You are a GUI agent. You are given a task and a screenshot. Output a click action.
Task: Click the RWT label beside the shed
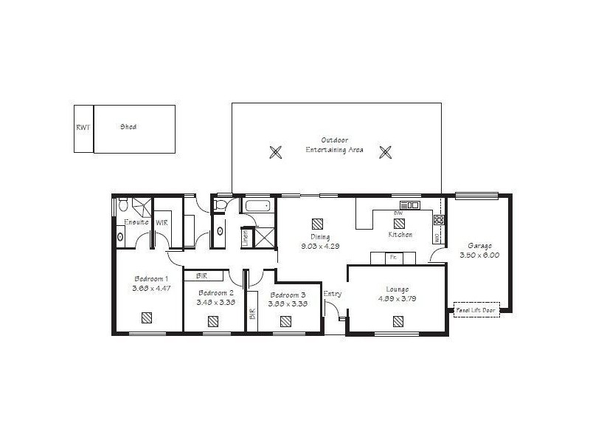pos(83,127)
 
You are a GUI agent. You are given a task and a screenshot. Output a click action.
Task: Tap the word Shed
pos(128,127)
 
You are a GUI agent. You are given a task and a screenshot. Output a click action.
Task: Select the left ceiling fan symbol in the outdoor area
pos(275,152)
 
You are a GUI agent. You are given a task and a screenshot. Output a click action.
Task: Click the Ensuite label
pos(136,221)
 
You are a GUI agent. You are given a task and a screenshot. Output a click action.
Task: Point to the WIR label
pos(162,221)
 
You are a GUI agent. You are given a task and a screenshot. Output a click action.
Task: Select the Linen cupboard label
pos(245,238)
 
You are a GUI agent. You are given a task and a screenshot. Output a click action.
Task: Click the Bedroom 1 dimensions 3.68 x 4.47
pos(150,288)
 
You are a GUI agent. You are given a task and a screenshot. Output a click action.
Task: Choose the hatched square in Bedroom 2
pos(213,321)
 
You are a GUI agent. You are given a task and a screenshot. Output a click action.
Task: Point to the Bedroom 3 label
pos(288,294)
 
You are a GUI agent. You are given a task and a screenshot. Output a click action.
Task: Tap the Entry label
pos(332,293)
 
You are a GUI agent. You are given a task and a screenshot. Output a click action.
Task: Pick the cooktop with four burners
pos(439,220)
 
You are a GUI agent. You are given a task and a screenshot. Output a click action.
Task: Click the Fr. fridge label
pos(393,258)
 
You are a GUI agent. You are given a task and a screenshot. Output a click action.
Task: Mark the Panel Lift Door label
pos(476,310)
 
